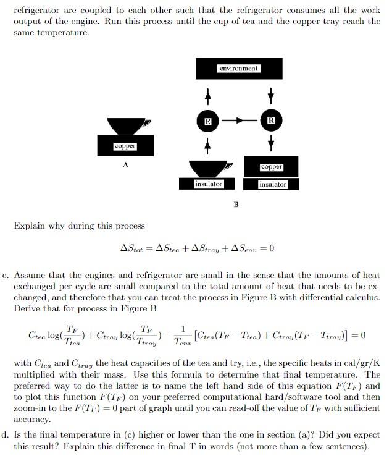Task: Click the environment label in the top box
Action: point(238,68)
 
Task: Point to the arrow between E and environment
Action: point(208,96)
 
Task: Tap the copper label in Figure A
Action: point(125,146)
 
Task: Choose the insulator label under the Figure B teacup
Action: point(209,184)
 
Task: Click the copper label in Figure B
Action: point(272,167)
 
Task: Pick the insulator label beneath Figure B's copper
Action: point(272,184)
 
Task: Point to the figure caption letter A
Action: point(125,165)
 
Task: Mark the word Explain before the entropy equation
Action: point(29,226)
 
